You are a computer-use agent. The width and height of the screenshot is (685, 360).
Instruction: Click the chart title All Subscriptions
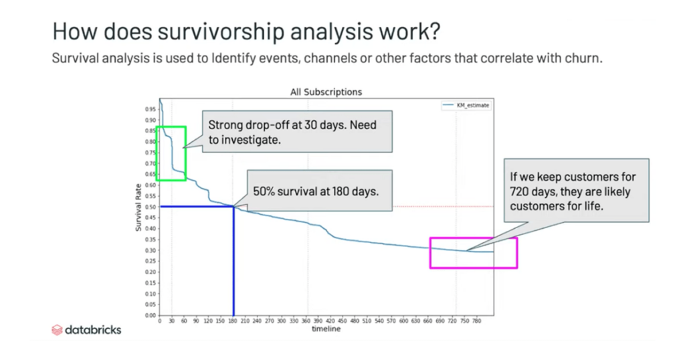pos(326,92)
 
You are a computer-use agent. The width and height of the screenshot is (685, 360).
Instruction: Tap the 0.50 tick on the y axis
pos(151,207)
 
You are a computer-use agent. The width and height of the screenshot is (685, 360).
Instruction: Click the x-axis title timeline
pos(326,329)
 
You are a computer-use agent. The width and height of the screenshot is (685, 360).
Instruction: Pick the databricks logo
pos(86,329)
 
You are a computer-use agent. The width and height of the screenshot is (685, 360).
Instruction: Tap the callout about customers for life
pos(573,191)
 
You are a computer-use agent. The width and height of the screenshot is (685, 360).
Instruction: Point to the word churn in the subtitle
pos(587,58)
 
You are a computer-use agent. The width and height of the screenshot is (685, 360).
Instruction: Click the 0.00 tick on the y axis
pos(151,315)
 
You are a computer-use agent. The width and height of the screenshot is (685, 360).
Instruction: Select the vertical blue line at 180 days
pos(233,268)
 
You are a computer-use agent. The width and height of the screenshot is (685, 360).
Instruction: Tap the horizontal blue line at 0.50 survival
pos(194,207)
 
